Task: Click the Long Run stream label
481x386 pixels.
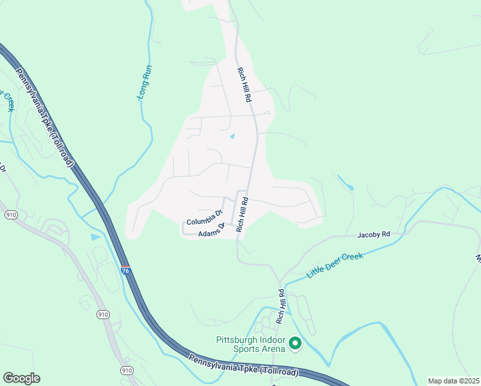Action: [143, 84]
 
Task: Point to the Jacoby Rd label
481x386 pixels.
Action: [374, 235]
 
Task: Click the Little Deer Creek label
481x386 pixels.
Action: [335, 265]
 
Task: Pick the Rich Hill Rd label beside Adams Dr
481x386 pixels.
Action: [242, 215]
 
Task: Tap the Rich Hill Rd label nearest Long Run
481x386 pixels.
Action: [244, 85]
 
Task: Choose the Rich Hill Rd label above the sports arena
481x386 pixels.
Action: [281, 306]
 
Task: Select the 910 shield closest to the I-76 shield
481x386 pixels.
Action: [103, 314]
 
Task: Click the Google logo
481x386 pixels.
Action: [21, 378]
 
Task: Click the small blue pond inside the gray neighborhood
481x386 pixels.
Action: [232, 136]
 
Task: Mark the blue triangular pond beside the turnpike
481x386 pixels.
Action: [95, 237]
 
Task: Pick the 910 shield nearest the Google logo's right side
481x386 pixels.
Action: [126, 370]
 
